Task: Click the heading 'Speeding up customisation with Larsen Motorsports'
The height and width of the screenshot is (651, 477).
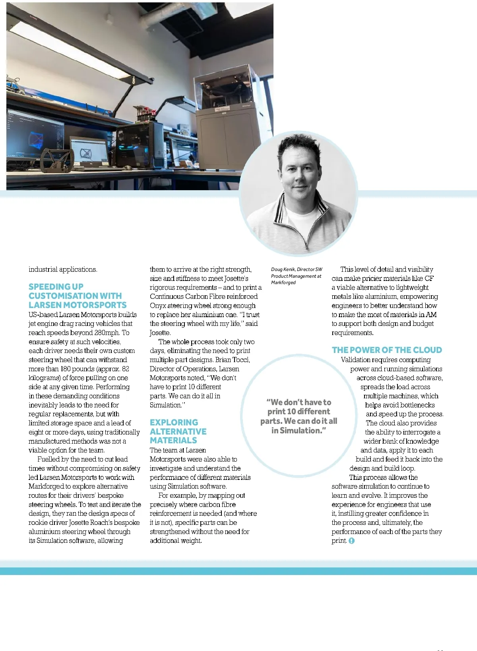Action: click(77, 296)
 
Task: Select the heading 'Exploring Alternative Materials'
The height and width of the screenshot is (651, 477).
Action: click(178, 431)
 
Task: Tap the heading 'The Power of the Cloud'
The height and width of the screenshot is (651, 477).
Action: click(387, 350)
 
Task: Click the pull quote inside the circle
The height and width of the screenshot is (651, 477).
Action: click(299, 416)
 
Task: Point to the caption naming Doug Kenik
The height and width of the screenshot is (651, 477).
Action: click(297, 276)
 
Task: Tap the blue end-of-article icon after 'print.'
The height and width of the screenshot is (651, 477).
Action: click(351, 541)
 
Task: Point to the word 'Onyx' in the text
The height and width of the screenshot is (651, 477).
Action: click(158, 306)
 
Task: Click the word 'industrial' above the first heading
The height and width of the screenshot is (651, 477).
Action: click(43, 269)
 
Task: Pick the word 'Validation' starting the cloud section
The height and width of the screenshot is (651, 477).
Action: click(356, 360)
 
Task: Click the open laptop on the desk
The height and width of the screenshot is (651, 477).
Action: click(89, 151)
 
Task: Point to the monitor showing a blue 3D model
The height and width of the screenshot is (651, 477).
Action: click(35, 135)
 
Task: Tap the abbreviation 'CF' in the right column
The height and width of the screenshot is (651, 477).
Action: click(429, 279)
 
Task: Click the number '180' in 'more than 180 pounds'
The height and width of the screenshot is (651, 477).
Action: click(66, 369)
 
